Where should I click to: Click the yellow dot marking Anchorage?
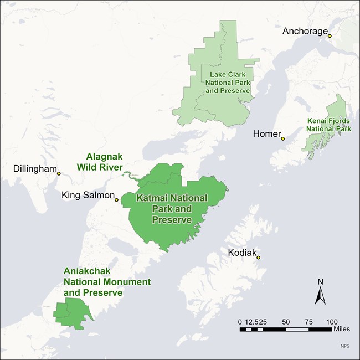330,36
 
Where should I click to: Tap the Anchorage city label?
305,31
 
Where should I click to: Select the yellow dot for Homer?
282,139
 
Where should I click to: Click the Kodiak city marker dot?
258,258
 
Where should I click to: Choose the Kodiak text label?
242,253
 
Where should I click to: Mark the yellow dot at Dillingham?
59,174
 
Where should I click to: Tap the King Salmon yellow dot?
116,200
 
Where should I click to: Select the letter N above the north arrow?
320,282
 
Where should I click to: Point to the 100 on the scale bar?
332,322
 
